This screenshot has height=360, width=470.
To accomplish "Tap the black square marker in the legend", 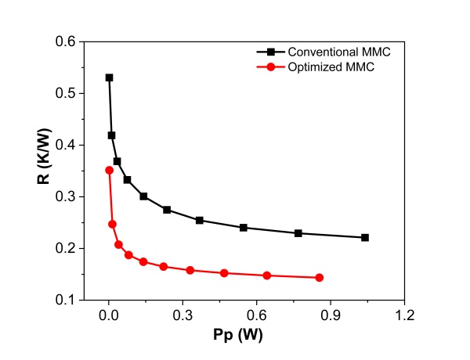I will [x=271, y=52].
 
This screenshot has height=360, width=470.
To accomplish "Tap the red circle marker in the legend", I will [x=271, y=67].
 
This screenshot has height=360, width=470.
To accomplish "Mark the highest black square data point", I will [x=109, y=77].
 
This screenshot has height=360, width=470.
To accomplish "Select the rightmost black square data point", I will [x=365, y=237].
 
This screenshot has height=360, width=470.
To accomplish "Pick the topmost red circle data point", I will [x=109, y=170].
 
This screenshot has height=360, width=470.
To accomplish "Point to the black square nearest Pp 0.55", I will [x=244, y=228].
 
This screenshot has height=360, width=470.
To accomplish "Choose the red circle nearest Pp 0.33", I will [x=190, y=270].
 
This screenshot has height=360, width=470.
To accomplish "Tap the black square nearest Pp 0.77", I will [x=298, y=233].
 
